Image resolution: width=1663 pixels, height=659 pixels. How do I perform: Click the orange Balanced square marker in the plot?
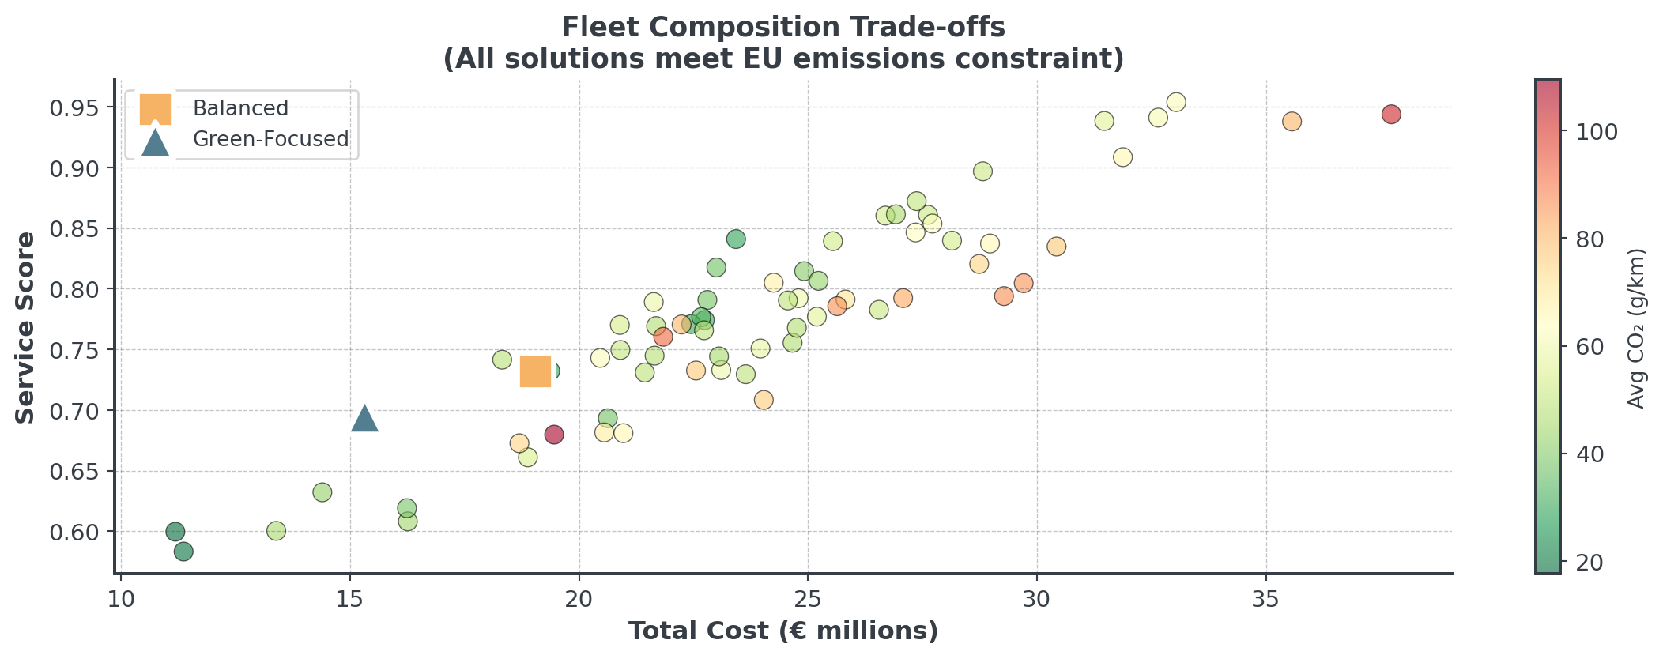tap(535, 371)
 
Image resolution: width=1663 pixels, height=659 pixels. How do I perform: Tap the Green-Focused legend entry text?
tap(270, 139)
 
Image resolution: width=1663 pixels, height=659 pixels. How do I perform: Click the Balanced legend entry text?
tap(240, 109)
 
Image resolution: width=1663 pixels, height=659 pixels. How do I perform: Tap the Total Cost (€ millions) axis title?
tap(783, 631)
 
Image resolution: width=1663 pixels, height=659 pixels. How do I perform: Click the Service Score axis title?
tap(26, 327)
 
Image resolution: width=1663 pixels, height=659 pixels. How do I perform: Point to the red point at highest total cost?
tap(1391, 115)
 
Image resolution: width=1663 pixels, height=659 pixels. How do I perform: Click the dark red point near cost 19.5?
tap(554, 435)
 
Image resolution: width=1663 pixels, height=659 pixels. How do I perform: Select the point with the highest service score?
tap(1176, 102)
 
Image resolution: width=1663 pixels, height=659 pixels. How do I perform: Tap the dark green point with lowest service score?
tap(183, 552)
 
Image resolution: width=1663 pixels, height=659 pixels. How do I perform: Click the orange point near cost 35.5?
tap(1292, 122)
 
